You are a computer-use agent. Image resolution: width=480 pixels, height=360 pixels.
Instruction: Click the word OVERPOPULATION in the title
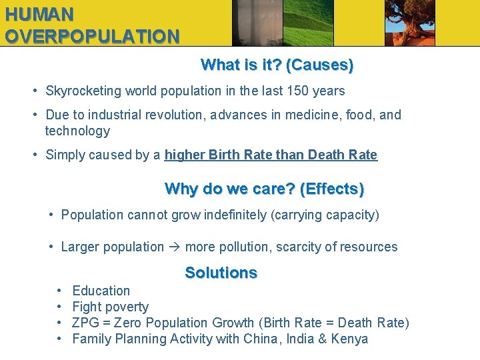click(x=92, y=36)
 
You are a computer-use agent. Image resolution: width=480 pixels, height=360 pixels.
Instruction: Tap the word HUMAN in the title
click(x=39, y=13)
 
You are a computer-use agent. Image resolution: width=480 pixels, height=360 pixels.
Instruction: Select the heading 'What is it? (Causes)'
click(x=277, y=65)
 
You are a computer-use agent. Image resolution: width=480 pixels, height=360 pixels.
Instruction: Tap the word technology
click(x=77, y=131)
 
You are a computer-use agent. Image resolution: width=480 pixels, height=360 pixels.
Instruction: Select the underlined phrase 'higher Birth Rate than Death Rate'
click(x=271, y=155)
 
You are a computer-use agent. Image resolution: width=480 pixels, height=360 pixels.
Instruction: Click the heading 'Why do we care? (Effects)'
click(x=264, y=189)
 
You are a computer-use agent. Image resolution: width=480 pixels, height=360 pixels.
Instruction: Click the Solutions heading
click(x=221, y=273)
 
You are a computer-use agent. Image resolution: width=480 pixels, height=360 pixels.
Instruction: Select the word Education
click(x=101, y=291)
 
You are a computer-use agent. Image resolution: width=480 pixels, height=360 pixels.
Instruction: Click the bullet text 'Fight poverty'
click(x=110, y=307)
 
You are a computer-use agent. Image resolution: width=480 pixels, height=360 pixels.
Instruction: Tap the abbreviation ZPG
click(x=85, y=323)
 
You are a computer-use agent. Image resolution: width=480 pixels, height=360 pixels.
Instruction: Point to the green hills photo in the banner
click(x=308, y=23)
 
